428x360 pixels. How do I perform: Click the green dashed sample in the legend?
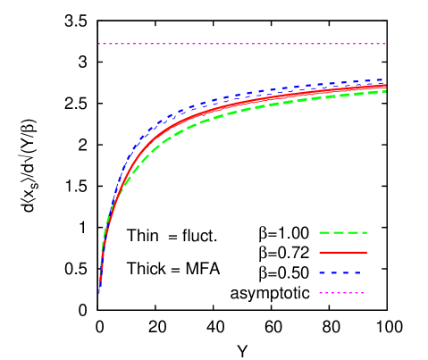[343, 232]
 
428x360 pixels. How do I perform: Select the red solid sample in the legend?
[343, 253]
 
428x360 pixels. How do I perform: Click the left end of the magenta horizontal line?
[99, 44]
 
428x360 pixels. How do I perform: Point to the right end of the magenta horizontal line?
[385, 44]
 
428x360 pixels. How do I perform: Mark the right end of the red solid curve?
[385, 87]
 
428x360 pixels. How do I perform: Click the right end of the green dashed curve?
[385, 91]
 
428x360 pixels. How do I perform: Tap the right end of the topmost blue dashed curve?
[385, 80]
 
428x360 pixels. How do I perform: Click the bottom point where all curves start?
[99, 291]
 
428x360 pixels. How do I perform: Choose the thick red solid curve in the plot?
[223, 109]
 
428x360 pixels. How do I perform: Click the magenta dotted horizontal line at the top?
[241, 44]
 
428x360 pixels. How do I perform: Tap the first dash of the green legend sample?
[324, 232]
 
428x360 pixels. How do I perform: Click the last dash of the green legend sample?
[362, 232]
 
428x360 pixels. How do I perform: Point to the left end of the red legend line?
[320, 253]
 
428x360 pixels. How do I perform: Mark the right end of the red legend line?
[366, 253]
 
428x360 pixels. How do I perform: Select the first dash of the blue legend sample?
[323, 272]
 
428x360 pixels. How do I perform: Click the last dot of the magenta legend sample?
[363, 293]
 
